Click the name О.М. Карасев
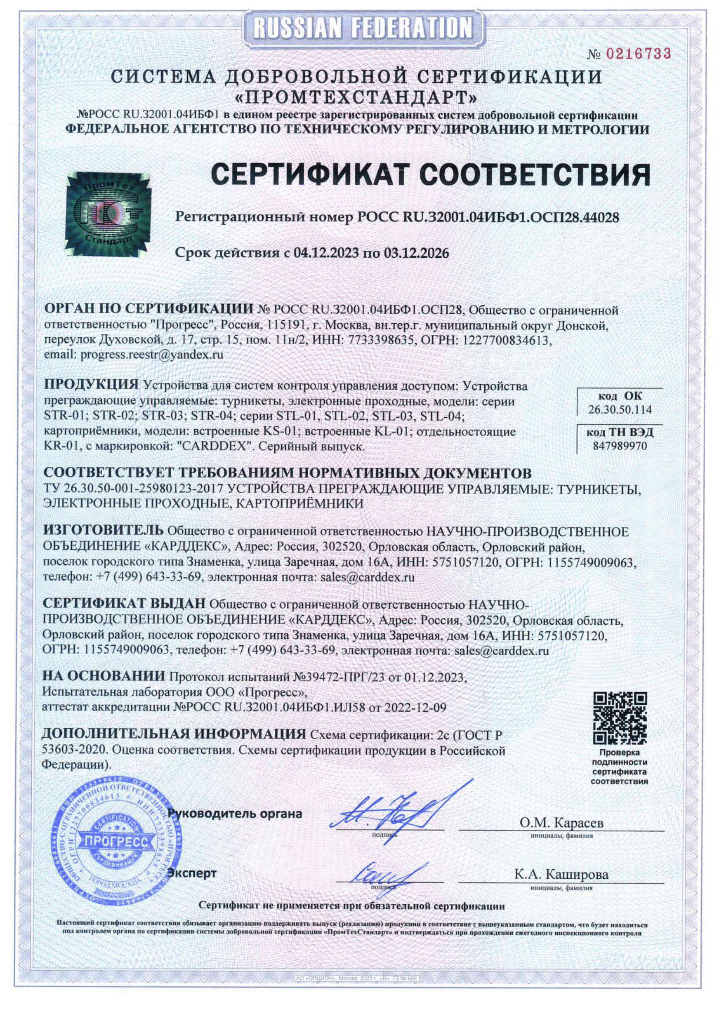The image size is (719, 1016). click(x=561, y=823)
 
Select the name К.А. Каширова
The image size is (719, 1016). click(x=561, y=874)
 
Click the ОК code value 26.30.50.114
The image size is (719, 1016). click(x=620, y=410)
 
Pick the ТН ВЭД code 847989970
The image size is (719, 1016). click(x=620, y=445)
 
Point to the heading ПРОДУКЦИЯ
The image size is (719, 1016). click(x=92, y=385)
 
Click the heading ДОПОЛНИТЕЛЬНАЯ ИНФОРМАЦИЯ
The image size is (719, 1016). click(x=173, y=734)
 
